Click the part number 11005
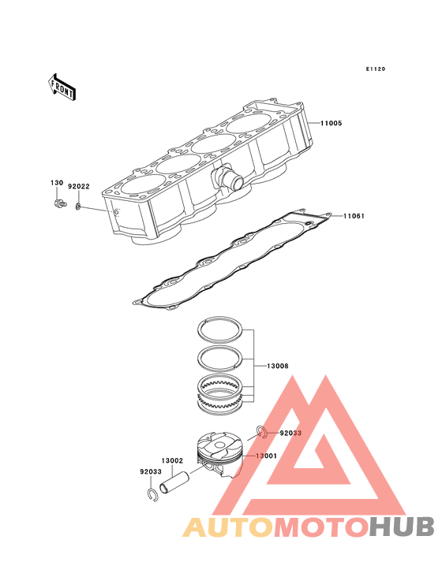pos(331,123)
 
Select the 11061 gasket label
pos(354,216)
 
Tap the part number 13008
pos(278,367)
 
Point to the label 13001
pos(266,456)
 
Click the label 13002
pos(172,460)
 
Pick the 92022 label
pos(79,187)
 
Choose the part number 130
pos(57,183)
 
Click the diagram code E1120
pos(376,69)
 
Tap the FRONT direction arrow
pos(62,87)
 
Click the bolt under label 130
pos(60,203)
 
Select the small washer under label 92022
pos(78,207)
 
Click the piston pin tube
pos(174,483)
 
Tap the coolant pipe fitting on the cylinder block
pos(227,178)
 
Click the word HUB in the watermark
pos(402,527)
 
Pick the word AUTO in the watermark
pos(228,527)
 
